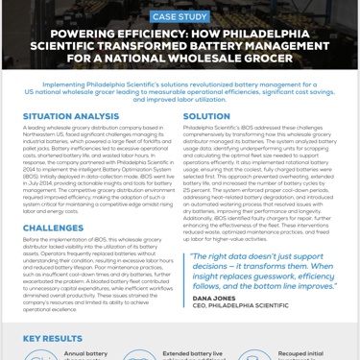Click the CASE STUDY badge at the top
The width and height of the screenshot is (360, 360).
pos(180,16)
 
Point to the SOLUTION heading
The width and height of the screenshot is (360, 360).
pos(206,116)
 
